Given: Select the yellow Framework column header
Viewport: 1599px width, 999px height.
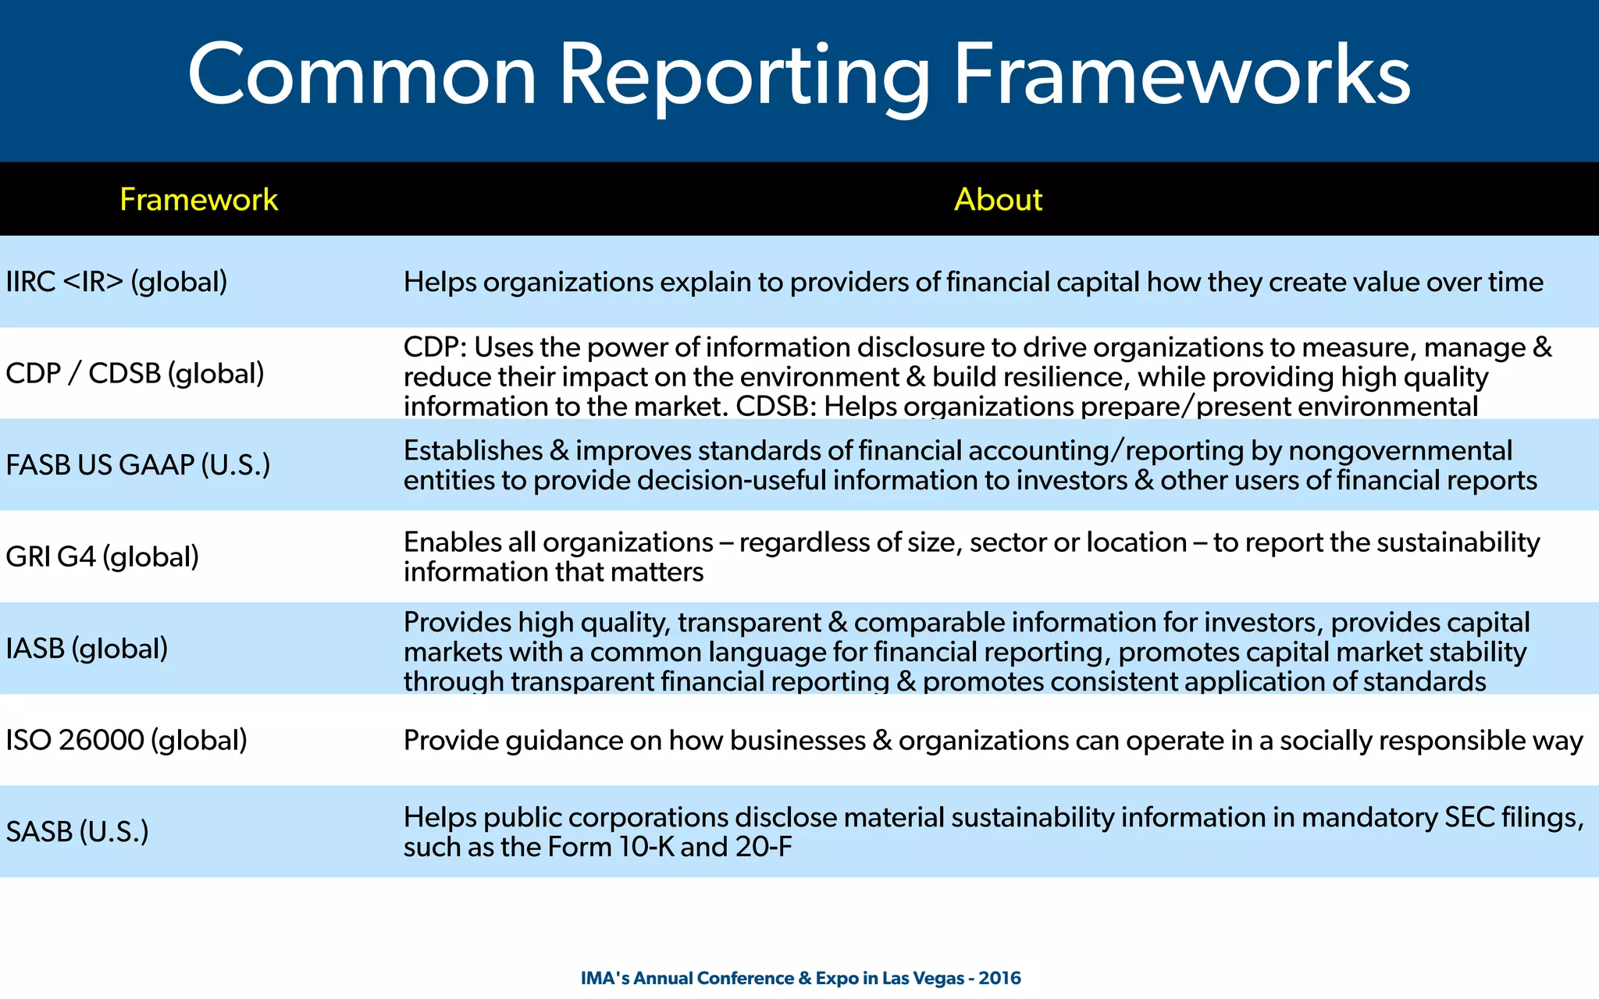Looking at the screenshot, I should pos(198,200).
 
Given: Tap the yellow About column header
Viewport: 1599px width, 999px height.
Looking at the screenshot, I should pos(998,200).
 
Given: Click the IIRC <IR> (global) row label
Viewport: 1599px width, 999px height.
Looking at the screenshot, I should pos(116,282).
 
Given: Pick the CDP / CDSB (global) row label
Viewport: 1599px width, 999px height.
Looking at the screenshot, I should pos(134,373).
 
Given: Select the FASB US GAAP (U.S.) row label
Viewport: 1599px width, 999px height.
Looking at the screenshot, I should pos(137,465).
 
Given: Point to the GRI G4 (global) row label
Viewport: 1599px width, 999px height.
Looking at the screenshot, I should pos(102,556).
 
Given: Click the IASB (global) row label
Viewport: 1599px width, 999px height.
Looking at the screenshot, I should pos(87,649).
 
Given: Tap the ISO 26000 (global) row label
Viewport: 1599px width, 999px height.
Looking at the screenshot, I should pos(126,740).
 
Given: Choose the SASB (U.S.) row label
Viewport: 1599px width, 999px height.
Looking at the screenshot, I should pos(77,831).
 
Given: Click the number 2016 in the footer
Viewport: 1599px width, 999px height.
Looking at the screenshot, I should pos(999,978).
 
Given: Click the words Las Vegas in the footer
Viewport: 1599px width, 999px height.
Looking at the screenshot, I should pos(923,978).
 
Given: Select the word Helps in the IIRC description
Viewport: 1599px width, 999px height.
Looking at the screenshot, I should pos(440,282).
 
